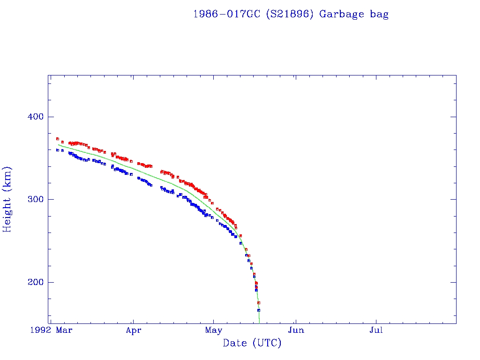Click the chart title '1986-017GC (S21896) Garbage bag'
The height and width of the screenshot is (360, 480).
[x=291, y=14]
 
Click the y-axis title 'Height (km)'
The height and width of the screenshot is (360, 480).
[x=7, y=199]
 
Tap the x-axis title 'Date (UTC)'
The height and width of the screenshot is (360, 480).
[x=252, y=343]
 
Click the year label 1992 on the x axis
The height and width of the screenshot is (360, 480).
[x=39, y=330]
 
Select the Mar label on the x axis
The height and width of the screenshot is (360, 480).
[x=64, y=330]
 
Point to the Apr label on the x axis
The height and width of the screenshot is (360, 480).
[x=134, y=330]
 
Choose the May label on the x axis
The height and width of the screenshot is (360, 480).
[x=213, y=330]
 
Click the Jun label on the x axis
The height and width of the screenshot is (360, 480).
[x=296, y=330]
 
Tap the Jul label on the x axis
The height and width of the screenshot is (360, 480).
[x=376, y=330]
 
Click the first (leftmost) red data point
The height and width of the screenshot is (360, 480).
[x=57, y=139]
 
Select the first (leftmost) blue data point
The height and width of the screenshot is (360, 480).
[x=57, y=150]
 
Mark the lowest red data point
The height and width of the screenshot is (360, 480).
[x=259, y=303]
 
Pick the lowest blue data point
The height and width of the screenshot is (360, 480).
[x=258, y=310]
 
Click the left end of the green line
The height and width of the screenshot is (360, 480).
[x=58, y=144]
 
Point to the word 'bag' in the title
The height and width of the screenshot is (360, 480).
[x=379, y=14]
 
